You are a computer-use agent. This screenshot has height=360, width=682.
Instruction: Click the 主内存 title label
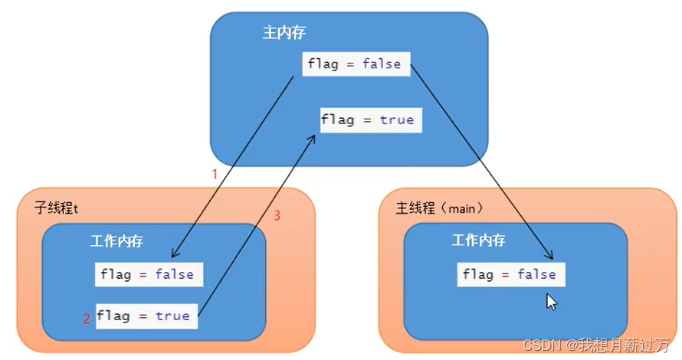[284, 33]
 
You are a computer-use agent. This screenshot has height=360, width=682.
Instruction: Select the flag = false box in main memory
[356, 64]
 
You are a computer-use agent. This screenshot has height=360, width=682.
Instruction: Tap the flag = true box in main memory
[371, 120]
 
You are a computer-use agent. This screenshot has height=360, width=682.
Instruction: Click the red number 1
[215, 175]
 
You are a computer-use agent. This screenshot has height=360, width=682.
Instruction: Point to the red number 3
[277, 215]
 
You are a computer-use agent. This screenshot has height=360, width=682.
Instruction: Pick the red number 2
[87, 319]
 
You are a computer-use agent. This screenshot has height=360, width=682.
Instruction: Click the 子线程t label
[57, 208]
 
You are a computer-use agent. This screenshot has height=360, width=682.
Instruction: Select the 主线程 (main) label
[439, 208]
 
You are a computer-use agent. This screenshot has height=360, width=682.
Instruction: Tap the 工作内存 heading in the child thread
[116, 241]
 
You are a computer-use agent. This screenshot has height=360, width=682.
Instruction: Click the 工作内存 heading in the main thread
[478, 240]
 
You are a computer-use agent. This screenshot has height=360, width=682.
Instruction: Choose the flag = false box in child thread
[149, 274]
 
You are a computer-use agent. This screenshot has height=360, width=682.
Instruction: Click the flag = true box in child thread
[146, 316]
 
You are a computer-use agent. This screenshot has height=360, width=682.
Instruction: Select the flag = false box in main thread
[511, 274]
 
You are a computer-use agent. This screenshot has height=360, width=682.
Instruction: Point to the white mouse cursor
[551, 302]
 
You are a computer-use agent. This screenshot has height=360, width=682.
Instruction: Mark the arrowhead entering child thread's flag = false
[174, 254]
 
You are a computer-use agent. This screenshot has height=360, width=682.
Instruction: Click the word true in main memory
[397, 120]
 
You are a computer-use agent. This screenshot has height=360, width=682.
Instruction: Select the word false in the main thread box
[536, 274]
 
